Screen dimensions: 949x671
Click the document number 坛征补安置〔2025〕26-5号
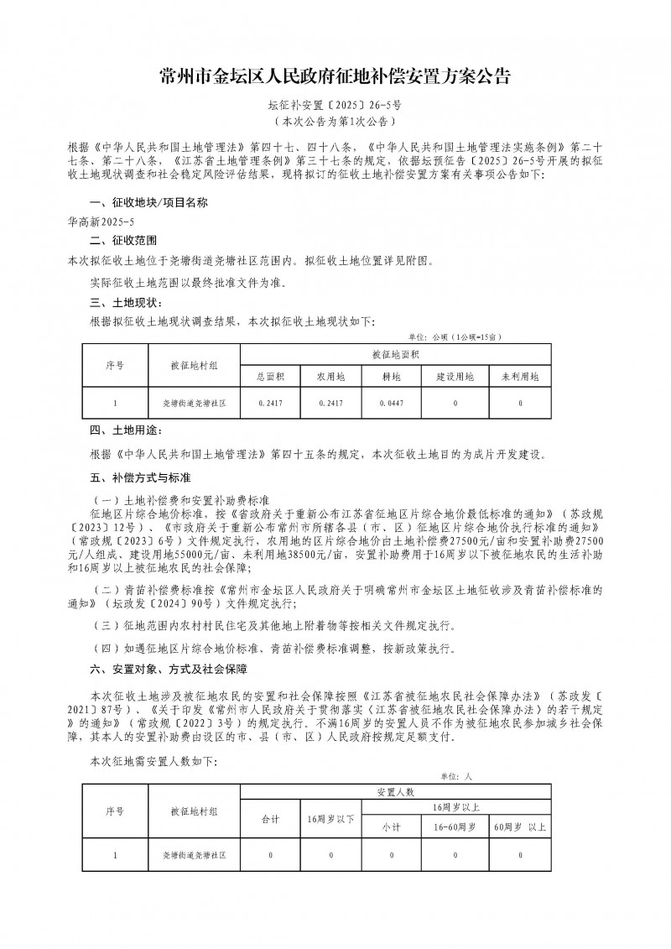coord(335,106)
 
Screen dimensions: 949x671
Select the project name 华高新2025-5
coord(101,222)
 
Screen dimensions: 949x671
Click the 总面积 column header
coord(271,378)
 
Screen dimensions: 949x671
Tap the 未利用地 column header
coord(520,378)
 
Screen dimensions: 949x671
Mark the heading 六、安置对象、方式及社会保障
coord(168,669)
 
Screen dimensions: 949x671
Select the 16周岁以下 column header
coord(331,817)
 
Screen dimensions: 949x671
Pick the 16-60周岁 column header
coord(455,826)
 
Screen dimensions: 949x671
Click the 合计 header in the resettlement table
coord(271,817)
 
